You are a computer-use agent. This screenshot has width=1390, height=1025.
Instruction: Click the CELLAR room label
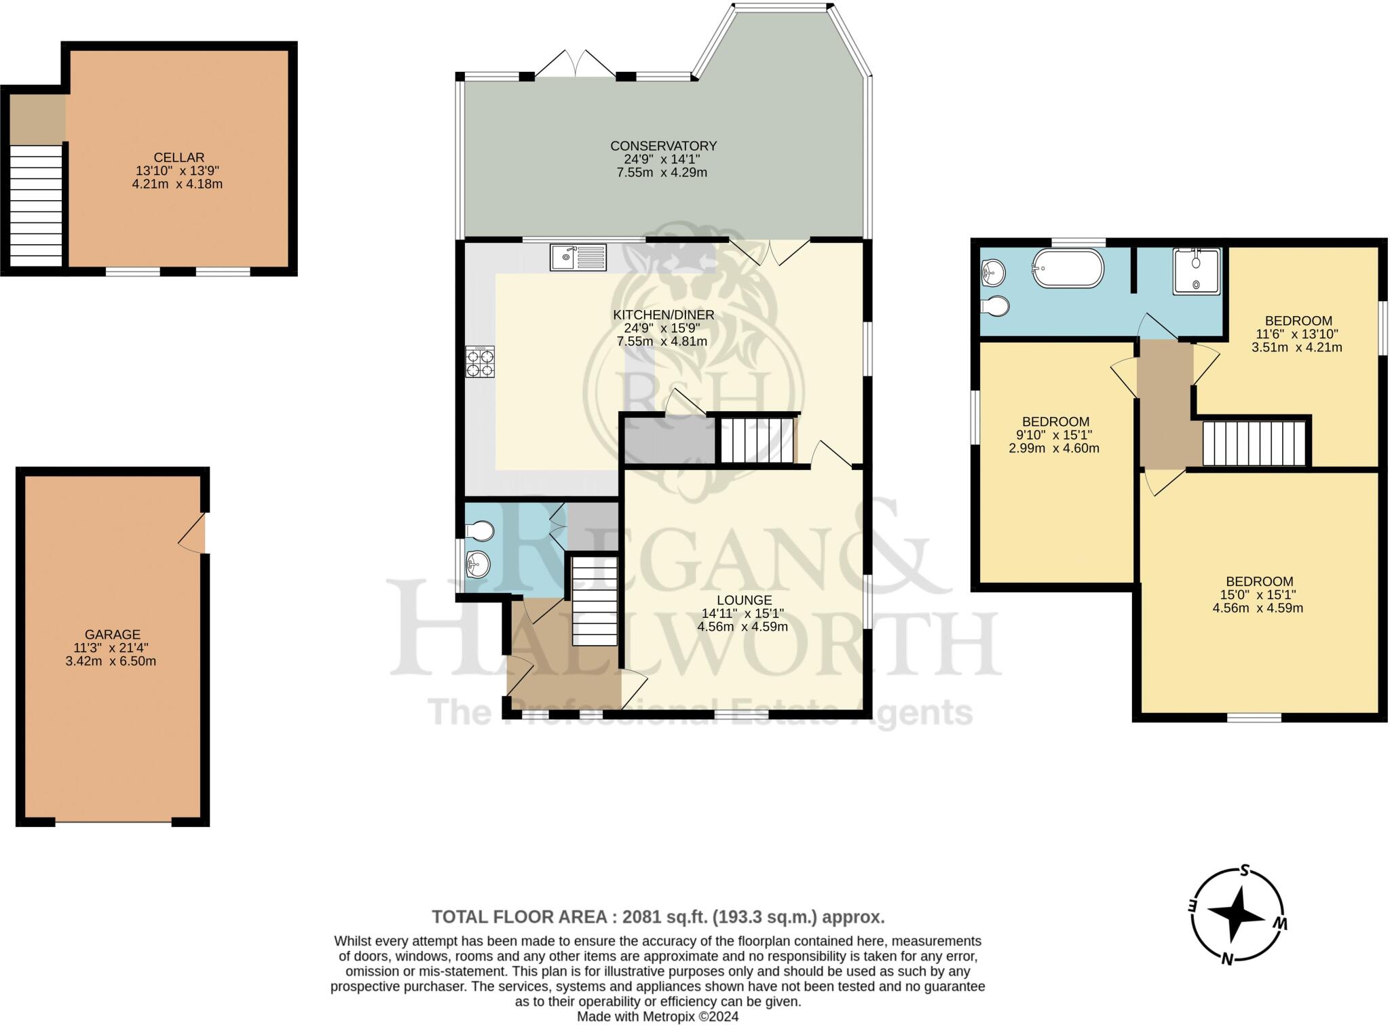click(x=179, y=157)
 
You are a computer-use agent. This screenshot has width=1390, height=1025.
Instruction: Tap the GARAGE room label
click(x=112, y=634)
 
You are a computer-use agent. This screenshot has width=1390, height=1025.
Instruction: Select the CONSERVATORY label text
click(x=663, y=146)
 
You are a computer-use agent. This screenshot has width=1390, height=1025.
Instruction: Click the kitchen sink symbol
click(x=578, y=258)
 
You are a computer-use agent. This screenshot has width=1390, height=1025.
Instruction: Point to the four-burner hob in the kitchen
click(x=480, y=362)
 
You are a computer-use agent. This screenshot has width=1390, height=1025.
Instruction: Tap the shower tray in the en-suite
click(x=1196, y=271)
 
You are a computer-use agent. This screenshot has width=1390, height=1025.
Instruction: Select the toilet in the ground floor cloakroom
click(x=481, y=530)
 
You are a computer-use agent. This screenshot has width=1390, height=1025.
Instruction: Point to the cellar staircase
click(x=36, y=206)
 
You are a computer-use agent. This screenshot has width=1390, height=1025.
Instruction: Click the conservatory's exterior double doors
click(x=575, y=63)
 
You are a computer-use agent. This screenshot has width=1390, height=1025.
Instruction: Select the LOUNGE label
click(x=745, y=600)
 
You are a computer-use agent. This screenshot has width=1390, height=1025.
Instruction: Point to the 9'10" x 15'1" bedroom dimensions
click(x=1054, y=435)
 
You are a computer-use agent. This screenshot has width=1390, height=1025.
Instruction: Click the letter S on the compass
click(x=1245, y=889)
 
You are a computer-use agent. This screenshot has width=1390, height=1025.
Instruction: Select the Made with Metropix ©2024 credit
click(x=657, y=1017)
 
